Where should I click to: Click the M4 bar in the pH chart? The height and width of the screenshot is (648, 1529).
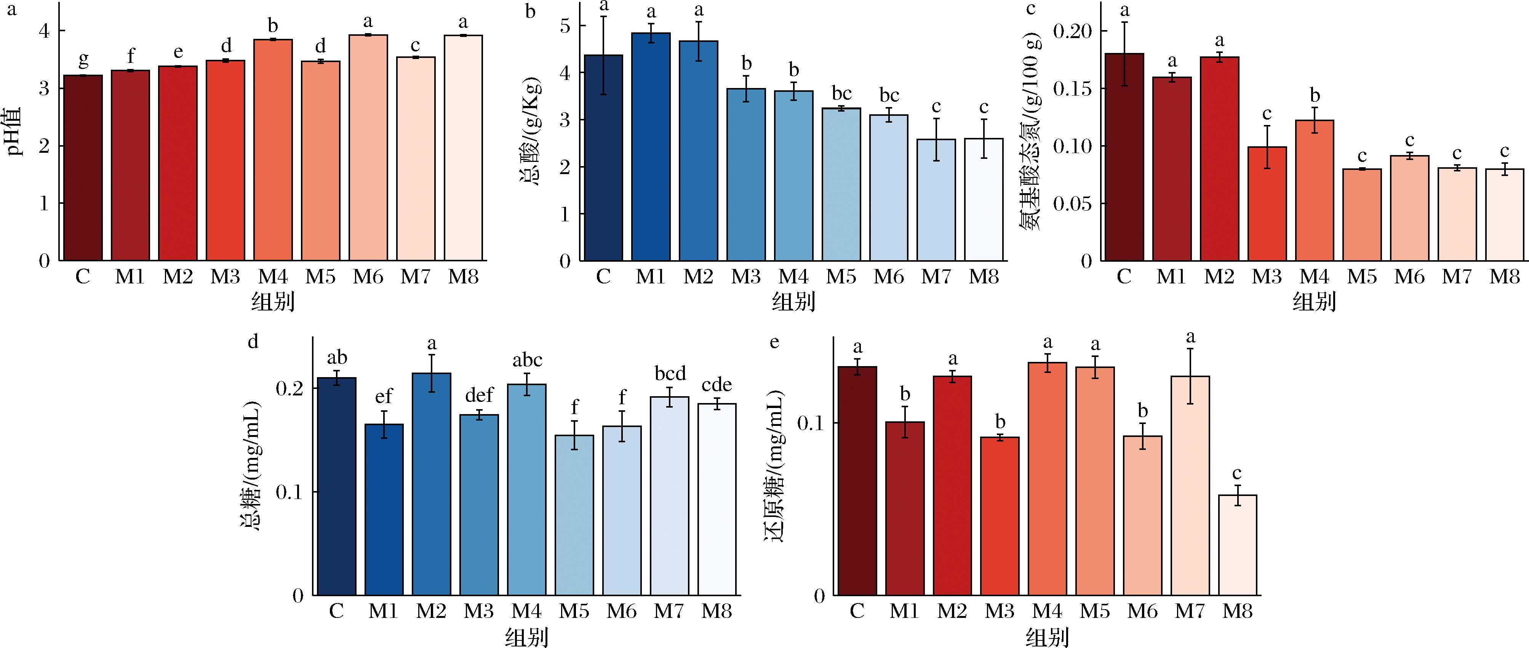(x=273, y=150)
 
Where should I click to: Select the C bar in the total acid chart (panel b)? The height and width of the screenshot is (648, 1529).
(x=604, y=158)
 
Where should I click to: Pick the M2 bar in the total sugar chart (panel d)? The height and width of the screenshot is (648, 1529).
(x=432, y=484)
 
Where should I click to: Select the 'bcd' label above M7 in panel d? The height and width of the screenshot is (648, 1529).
(x=670, y=373)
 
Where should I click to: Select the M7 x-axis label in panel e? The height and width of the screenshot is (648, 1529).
(x=1190, y=611)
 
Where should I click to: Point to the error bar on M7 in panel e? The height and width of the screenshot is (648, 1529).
(x=1190, y=376)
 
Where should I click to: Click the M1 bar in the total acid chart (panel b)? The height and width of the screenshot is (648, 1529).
(x=651, y=147)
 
